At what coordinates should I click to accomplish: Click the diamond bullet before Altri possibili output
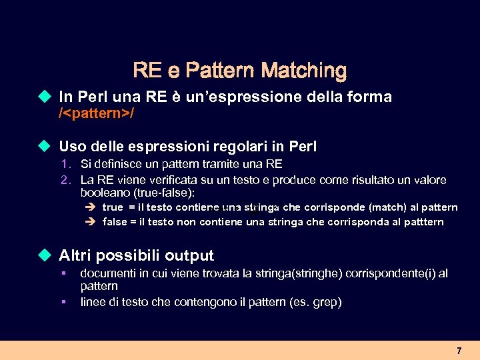coord(45,255)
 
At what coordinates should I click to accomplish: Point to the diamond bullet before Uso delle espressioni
coord(45,146)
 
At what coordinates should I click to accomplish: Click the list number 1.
coord(65,164)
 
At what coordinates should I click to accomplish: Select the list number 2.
coord(65,180)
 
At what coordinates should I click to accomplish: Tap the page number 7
coord(459,351)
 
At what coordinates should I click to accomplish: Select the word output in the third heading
coord(189,255)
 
